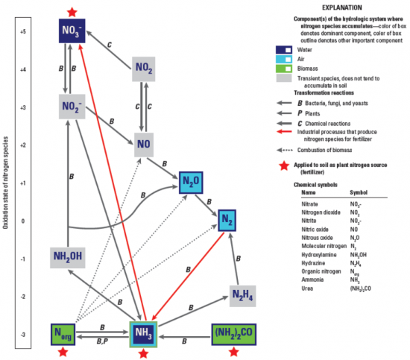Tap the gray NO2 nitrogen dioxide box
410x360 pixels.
[146, 69]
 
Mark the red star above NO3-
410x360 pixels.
[71, 11]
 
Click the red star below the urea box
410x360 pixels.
[235, 353]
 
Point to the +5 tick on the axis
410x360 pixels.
[23, 32]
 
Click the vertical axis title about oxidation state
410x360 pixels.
[7, 183]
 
